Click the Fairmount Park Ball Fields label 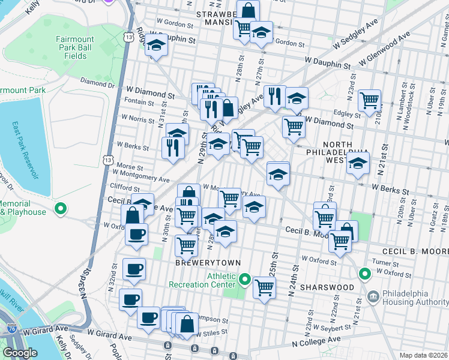click(75, 49)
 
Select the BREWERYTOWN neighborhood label click(200, 263)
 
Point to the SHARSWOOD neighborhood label click(327, 287)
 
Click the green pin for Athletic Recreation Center click(245, 279)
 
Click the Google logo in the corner click(20, 353)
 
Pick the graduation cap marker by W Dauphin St click(156, 46)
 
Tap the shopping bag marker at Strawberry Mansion click(247, 10)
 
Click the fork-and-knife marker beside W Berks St click(173, 147)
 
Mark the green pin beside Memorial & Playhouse click(60, 209)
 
